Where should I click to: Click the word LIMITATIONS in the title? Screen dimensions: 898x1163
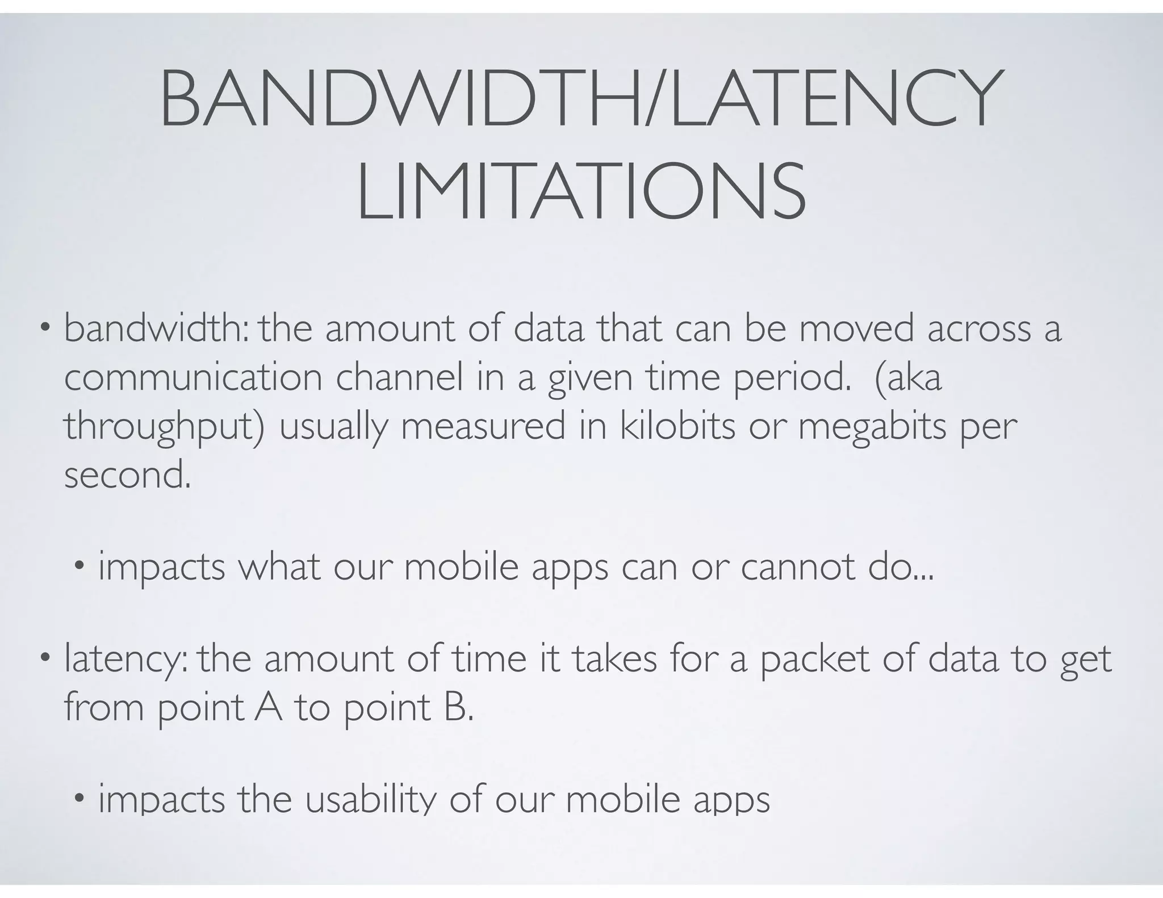coord(581,191)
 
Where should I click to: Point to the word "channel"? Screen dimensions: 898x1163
coord(400,377)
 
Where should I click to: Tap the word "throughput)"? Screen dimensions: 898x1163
coord(164,427)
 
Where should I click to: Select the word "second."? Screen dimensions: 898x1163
coord(128,475)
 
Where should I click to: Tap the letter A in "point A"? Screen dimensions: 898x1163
coord(268,707)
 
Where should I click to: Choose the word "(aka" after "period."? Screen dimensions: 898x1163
coord(908,377)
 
